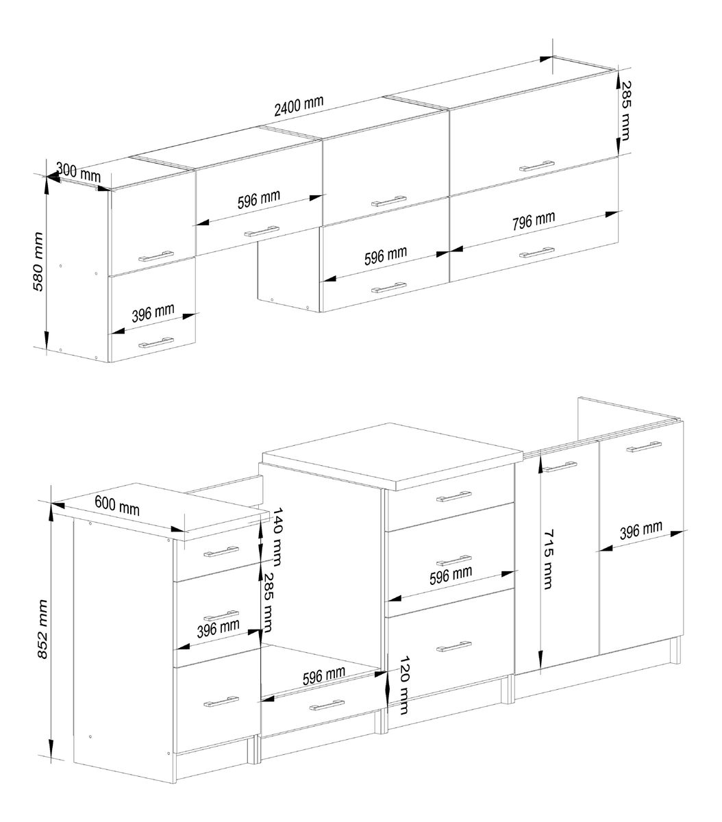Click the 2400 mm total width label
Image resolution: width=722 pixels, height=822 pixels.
pos(299,105)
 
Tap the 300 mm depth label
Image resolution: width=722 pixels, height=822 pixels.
pos(78,172)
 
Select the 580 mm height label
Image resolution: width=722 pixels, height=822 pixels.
pos(38,262)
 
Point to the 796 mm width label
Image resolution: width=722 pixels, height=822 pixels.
pos(534,221)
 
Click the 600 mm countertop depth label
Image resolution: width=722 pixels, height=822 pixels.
pos(117,505)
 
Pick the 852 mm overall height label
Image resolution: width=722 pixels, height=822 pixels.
pos(42,630)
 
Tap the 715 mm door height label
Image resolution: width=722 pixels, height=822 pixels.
pos(547,559)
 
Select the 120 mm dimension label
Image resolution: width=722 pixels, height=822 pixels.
pos(404,685)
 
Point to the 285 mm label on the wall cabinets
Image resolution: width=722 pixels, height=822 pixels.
pos(626,111)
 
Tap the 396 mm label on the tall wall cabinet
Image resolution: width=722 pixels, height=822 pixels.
pos(153,313)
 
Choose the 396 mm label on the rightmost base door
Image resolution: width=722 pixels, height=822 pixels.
pos(641,530)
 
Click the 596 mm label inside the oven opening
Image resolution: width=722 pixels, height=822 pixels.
pos(324,675)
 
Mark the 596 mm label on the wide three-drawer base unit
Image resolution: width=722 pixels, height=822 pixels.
pos(451,575)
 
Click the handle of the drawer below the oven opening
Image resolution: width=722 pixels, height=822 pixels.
pos(327,705)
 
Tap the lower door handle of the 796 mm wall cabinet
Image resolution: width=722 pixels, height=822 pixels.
pos(537,252)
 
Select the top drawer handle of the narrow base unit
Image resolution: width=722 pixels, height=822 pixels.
pos(221,551)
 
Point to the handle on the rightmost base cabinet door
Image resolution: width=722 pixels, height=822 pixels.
pos(644,447)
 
